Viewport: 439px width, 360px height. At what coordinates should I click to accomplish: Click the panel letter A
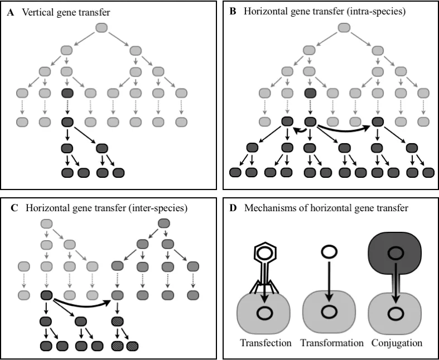pyautogui.click(x=11, y=12)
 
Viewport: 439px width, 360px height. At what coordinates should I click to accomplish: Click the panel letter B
pyautogui.click(x=233, y=12)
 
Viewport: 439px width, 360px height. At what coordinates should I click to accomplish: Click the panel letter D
pyautogui.click(x=233, y=208)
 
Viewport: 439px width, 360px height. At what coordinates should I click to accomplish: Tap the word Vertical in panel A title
pyautogui.click(x=37, y=12)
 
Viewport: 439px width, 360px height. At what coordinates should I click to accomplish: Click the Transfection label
pyautogui.click(x=266, y=343)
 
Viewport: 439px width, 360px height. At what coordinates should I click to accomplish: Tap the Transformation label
pyautogui.click(x=332, y=343)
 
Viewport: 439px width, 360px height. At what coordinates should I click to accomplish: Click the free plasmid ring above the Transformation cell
pyautogui.click(x=327, y=252)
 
